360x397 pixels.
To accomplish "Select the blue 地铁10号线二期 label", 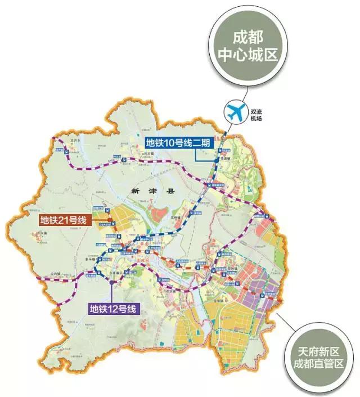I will pyautogui.click(x=178, y=143).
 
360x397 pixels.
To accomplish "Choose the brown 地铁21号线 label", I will pyautogui.click(x=62, y=220).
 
